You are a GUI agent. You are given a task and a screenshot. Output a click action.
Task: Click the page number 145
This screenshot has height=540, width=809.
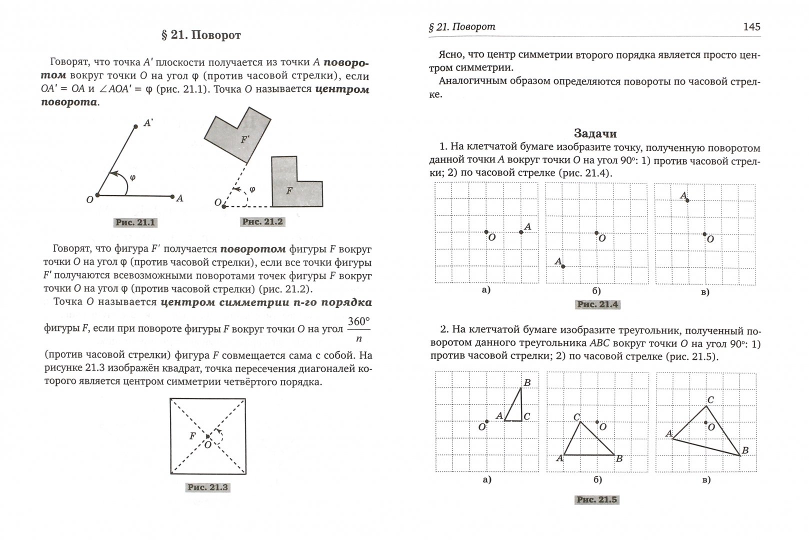(x=751, y=26)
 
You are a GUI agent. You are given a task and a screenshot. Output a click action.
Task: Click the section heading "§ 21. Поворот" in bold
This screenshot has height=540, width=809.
(x=201, y=35)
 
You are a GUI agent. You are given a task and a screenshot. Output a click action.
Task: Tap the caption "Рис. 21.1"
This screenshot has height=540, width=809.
(x=135, y=222)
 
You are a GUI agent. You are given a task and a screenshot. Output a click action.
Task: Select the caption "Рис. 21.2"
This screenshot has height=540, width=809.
(x=262, y=221)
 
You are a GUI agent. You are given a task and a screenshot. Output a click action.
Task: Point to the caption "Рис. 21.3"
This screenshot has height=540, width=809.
(x=207, y=487)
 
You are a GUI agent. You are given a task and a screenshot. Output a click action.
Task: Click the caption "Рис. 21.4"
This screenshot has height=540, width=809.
(x=597, y=304)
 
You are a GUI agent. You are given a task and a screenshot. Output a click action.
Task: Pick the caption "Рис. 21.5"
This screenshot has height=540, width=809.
(x=597, y=499)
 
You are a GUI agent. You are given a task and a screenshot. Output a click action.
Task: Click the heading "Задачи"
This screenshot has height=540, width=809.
(x=595, y=133)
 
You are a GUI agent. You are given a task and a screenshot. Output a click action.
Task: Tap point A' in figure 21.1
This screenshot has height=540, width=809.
(x=135, y=127)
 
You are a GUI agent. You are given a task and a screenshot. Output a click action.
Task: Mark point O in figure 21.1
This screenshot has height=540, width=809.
(x=97, y=195)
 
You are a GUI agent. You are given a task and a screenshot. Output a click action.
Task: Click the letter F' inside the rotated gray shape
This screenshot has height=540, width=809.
(x=245, y=140)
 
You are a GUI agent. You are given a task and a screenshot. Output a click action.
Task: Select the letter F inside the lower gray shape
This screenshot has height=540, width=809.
(x=289, y=190)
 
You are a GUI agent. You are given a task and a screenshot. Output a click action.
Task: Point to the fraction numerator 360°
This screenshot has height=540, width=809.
(x=358, y=321)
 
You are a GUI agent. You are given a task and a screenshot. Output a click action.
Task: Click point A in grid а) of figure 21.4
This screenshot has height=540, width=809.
(x=521, y=232)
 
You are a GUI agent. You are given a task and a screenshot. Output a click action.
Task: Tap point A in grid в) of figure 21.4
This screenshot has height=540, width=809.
(x=687, y=200)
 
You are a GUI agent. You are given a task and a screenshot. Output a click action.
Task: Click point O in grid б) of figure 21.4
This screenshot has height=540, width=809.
(x=596, y=232)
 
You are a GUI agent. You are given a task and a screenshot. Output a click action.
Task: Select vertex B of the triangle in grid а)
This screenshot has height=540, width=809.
(x=521, y=387)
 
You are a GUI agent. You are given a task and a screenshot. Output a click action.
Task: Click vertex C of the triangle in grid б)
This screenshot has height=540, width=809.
(x=580, y=422)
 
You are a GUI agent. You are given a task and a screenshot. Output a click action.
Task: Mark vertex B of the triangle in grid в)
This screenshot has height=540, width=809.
(x=739, y=455)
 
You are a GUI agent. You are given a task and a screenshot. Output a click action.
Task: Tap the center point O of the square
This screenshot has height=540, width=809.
(x=207, y=436)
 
